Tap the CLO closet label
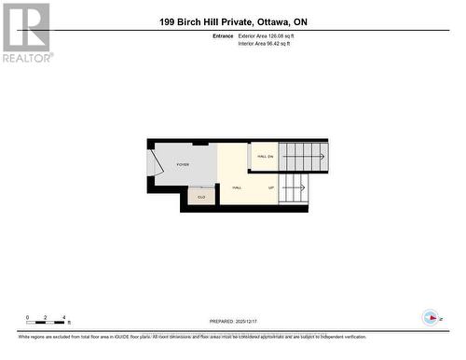point(200,196)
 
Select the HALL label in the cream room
point(237,187)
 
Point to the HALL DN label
point(264,156)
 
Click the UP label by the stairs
point(271,187)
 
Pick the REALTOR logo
point(27,33)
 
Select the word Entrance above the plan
point(223,35)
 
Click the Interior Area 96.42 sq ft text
point(264,43)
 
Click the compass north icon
point(431,318)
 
